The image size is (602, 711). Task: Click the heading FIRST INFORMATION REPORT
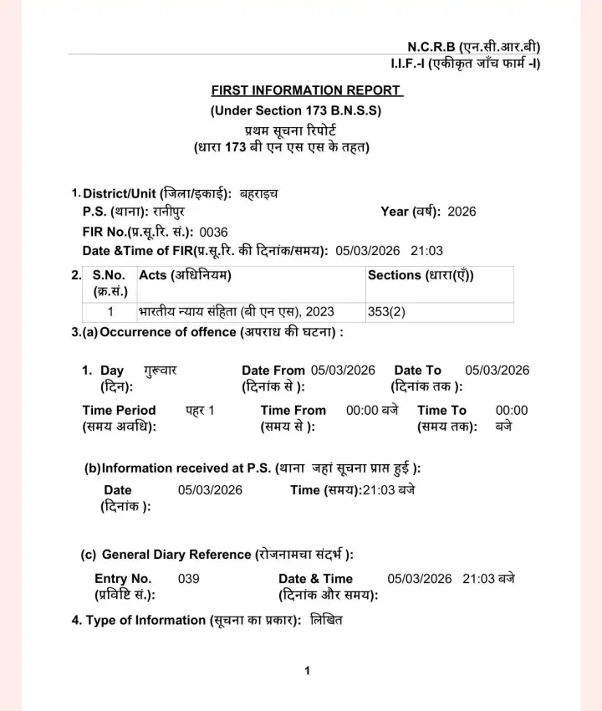pos(306,90)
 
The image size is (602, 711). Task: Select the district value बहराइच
pos(259,194)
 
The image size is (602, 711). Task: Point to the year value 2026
pos(462,212)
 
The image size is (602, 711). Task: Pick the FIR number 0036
pos(213,232)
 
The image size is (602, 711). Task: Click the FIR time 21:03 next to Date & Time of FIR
pos(426,251)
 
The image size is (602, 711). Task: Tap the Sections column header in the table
pos(426,275)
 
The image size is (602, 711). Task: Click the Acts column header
pos(185,275)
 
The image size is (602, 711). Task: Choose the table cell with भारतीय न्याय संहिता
pos(236,312)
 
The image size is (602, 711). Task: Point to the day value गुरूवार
pos(160,371)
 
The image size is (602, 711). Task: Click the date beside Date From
pos(343,371)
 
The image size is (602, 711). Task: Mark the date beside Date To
pos(497,371)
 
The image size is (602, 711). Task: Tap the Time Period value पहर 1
pos(200,411)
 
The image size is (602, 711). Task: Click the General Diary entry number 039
pos(189,579)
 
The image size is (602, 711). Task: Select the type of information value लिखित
pos(326,621)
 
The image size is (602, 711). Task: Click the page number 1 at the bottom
pos(308,671)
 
